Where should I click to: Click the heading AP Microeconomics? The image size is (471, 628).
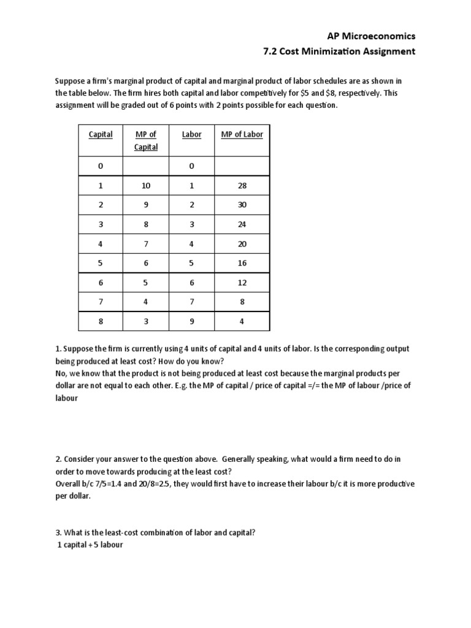[x=372, y=36]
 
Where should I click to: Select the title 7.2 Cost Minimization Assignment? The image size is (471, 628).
[x=339, y=52]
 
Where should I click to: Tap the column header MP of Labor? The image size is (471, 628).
[x=242, y=134]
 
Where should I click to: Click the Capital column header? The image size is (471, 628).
[x=101, y=134]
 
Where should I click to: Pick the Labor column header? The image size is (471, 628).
[x=191, y=134]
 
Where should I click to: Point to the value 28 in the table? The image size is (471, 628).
[x=242, y=186]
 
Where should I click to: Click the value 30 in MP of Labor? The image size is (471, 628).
[x=242, y=205]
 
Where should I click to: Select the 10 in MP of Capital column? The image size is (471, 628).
[x=146, y=186]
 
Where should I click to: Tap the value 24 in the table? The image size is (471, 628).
[x=242, y=224]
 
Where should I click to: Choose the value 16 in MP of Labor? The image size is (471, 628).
[x=242, y=263]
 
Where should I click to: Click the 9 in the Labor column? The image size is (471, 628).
[x=191, y=321]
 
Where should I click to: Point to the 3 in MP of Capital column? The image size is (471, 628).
[x=146, y=321]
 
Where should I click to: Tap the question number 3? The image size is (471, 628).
[x=58, y=532]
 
